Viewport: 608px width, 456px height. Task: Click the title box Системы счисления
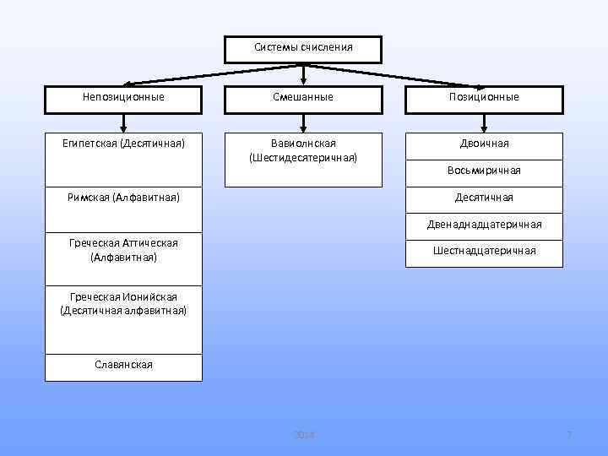[303, 49]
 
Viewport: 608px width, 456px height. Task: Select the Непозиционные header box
[123, 97]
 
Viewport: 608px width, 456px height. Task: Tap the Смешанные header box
[303, 97]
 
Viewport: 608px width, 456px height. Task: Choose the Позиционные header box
[484, 97]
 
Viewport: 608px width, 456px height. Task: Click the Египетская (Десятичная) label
[123, 144]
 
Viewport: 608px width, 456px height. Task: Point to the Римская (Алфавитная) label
[123, 198]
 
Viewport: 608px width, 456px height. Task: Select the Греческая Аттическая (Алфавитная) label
[123, 249]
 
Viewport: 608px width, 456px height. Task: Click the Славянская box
[123, 365]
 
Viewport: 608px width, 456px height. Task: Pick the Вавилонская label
[303, 144]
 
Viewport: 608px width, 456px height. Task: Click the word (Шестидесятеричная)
[303, 158]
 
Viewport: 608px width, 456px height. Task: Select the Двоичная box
[484, 144]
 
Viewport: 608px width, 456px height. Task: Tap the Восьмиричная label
[484, 171]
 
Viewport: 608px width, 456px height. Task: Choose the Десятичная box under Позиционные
[484, 198]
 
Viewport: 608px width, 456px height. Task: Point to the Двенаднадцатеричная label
[484, 225]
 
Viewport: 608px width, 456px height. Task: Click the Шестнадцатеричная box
[484, 251]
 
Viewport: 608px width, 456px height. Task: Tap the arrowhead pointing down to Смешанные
[303, 81]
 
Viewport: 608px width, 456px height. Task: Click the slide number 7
[569, 434]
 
